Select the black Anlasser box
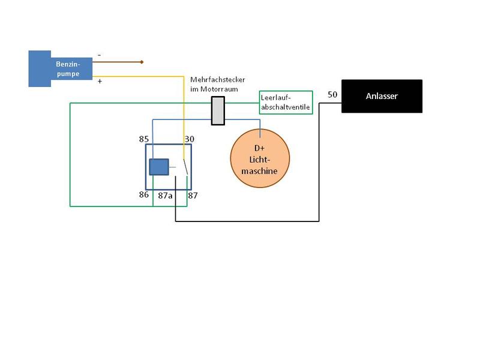coord(382,96)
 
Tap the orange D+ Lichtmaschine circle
coord(260,158)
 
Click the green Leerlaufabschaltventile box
coord(286,103)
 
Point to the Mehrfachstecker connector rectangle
coord(218,110)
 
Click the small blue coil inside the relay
coord(159,167)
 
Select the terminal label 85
coord(144,139)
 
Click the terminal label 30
coord(190,139)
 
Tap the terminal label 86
coord(144,195)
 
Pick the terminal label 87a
coord(166,195)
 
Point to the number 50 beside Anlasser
coord(332,95)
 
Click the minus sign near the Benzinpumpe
coord(99,55)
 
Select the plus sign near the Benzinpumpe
coord(99,82)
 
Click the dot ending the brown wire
coord(142,62)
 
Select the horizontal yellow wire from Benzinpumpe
coord(138,76)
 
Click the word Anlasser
coord(382,96)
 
